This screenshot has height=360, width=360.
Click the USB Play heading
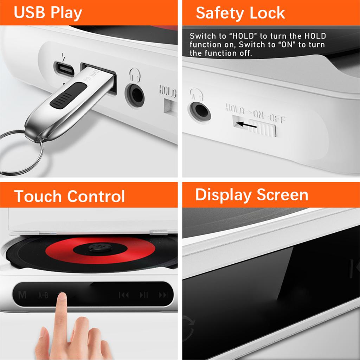[48, 13]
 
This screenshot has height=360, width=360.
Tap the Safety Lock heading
[240, 13]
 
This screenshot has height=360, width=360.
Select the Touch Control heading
[70, 196]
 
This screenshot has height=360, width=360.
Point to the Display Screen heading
[252, 194]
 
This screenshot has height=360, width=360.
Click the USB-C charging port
[64, 69]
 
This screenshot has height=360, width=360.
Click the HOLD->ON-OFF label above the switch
[255, 113]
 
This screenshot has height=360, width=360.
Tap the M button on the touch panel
[22, 295]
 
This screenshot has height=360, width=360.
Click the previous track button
[124, 295]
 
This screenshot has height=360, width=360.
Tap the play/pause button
[144, 295]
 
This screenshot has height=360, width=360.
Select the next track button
[163, 295]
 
